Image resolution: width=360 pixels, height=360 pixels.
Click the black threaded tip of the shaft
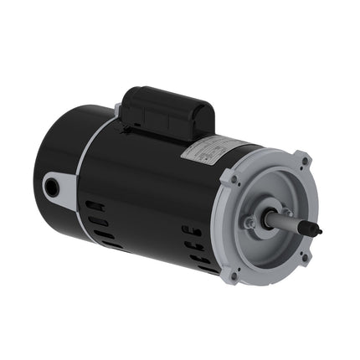point(312,228)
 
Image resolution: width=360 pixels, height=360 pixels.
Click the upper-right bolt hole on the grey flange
point(302,159)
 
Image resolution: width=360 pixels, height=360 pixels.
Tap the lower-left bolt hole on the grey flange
point(234,275)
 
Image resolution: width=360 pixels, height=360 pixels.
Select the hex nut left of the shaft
point(249,223)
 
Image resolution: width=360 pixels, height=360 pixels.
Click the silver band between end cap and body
point(89,180)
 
